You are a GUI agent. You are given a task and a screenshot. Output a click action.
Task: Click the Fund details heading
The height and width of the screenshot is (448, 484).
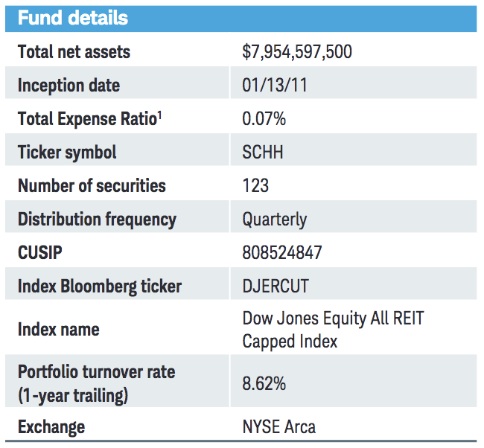click(73, 18)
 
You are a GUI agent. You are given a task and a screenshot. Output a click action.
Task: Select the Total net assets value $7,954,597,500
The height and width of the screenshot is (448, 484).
click(297, 51)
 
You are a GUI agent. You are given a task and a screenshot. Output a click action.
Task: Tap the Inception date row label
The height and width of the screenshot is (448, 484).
click(69, 85)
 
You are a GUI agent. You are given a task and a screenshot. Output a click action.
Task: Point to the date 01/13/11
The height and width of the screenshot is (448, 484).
click(275, 85)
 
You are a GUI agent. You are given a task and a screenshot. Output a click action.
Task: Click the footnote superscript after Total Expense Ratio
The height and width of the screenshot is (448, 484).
click(159, 115)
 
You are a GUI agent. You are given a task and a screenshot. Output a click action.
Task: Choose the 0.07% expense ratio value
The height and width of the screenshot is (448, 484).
click(264, 118)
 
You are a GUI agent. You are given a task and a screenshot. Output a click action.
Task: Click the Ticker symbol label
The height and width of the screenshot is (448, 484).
click(67, 152)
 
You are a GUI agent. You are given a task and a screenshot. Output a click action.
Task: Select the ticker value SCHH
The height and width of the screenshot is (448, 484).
click(262, 152)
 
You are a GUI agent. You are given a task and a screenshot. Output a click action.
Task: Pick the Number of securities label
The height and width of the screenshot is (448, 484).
click(92, 185)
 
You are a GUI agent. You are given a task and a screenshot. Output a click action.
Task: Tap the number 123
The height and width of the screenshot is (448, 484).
click(255, 185)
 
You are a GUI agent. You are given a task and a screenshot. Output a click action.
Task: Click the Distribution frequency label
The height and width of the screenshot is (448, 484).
click(97, 219)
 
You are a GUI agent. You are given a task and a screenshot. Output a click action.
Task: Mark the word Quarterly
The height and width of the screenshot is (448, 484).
click(274, 219)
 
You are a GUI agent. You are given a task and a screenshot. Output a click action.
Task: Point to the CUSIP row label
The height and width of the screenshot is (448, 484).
click(39, 252)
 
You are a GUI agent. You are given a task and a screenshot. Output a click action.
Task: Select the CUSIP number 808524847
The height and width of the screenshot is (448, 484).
click(282, 252)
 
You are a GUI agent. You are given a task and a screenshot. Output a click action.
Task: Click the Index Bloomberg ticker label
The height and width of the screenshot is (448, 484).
click(99, 286)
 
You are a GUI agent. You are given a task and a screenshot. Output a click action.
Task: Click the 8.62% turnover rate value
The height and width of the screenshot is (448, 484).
click(264, 384)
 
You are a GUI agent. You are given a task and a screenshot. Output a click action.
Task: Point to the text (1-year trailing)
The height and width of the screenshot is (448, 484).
click(72, 395)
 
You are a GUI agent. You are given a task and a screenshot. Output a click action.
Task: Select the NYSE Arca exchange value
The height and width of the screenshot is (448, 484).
click(278, 426)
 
